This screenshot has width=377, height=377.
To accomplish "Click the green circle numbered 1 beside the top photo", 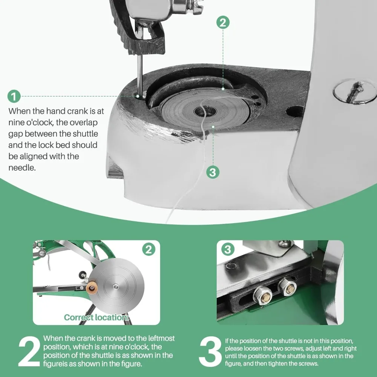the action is pos(14,96).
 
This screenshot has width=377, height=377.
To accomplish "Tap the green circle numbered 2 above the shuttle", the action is pos(223,22).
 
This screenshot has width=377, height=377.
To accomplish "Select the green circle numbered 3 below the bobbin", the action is pos(213,172).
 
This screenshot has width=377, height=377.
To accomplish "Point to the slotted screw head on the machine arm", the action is pos(355,92).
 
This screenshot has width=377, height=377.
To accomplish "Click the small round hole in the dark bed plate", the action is pos(294,112).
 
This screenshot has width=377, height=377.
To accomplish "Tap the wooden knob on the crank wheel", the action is pos(91,288).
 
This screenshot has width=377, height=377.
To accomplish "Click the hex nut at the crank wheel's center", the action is pos(115,286).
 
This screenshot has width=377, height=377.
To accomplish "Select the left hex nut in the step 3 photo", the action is pos(262,295).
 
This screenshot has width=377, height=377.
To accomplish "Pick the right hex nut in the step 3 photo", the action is pos(287,287).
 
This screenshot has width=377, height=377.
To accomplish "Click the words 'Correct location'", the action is pos(96,317).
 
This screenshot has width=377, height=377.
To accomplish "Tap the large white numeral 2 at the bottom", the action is pos(29,351).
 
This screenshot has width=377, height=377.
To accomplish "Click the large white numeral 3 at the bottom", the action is pos(210,351).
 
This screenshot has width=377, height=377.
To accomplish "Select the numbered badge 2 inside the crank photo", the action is pos(149,249).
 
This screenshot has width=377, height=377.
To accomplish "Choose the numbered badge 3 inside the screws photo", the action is pos(228,249).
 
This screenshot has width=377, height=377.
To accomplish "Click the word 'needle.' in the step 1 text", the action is pos(22,168).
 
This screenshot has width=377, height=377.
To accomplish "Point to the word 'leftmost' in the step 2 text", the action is pos(161,338).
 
